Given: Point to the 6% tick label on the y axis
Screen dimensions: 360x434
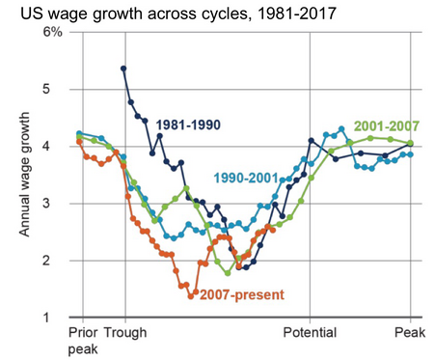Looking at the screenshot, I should tap(53, 33).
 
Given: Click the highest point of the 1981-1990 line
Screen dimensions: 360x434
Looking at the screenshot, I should tap(123, 69).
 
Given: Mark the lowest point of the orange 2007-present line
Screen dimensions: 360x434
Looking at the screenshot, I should tap(191, 295).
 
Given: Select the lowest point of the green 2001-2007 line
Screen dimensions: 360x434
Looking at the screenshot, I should tap(228, 273).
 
